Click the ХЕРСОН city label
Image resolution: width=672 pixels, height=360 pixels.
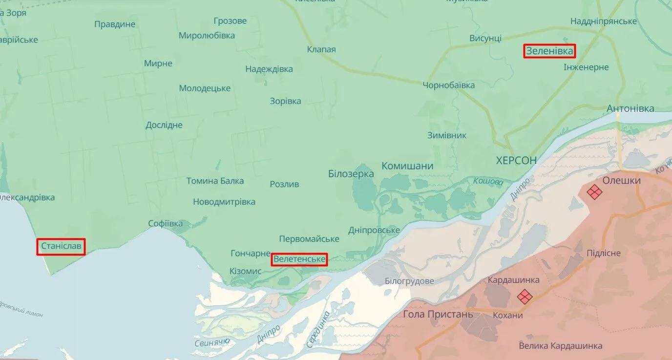(x=516, y=160)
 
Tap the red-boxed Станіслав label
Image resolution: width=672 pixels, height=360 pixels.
(x=61, y=246)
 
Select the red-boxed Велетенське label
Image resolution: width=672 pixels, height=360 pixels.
(x=299, y=259)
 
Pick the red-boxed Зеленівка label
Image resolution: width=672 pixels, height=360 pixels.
(x=549, y=51)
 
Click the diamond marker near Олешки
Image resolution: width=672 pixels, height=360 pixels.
(x=594, y=192)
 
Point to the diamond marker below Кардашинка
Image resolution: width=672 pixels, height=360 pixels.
(x=525, y=296)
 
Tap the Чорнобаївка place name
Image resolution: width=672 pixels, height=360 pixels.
(x=448, y=85)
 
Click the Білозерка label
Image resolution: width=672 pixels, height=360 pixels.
(x=351, y=173)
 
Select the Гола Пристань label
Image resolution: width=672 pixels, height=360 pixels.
(x=438, y=314)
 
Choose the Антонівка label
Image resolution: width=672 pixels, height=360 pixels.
(x=630, y=108)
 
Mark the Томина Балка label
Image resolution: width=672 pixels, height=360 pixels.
(x=215, y=181)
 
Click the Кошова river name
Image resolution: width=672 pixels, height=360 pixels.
(x=488, y=182)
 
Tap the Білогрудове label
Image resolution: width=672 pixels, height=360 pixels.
(x=409, y=281)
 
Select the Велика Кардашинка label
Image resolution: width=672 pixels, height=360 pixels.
(x=560, y=346)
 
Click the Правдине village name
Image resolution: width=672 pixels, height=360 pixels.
(x=115, y=24)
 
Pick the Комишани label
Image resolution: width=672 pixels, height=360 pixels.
(x=407, y=166)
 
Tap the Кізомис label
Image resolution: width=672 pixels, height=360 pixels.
(x=245, y=271)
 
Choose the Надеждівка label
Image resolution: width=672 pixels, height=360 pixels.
(x=269, y=69)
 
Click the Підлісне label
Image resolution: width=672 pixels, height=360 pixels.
(x=604, y=253)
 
